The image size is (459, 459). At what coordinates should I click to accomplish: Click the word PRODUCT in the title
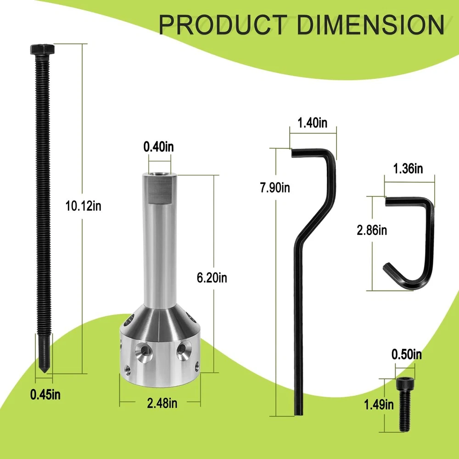click(x=223, y=25)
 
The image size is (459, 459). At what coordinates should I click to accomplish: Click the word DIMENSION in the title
click(x=370, y=25)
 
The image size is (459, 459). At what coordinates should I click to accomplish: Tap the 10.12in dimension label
click(x=84, y=206)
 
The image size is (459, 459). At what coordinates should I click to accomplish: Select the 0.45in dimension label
click(x=45, y=395)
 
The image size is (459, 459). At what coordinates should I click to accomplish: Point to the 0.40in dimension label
click(x=159, y=147)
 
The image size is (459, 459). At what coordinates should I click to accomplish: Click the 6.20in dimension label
click(x=212, y=278)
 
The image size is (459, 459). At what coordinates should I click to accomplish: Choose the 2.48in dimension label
click(x=162, y=403)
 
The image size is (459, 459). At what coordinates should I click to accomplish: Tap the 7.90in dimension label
click(x=275, y=187)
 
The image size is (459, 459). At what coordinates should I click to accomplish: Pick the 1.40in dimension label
click(x=312, y=123)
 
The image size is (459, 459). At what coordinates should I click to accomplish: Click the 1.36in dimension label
click(x=408, y=168)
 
